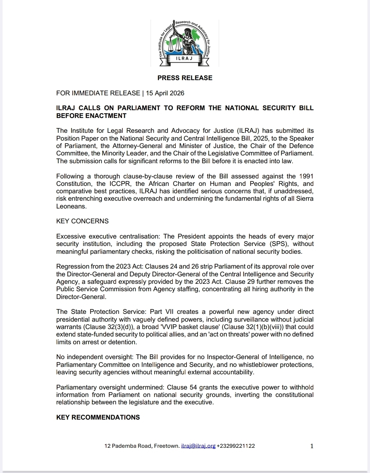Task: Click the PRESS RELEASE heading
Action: tap(185, 78)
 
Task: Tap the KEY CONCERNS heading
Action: tap(82, 221)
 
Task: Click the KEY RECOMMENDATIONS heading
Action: tap(98, 417)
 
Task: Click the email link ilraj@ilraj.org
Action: tap(198, 446)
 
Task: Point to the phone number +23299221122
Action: tap(236, 446)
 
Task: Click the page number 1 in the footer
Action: tap(312, 446)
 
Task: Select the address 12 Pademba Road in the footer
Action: tap(128, 446)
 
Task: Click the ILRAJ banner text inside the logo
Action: tap(184, 58)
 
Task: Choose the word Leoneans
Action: tap(71, 206)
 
